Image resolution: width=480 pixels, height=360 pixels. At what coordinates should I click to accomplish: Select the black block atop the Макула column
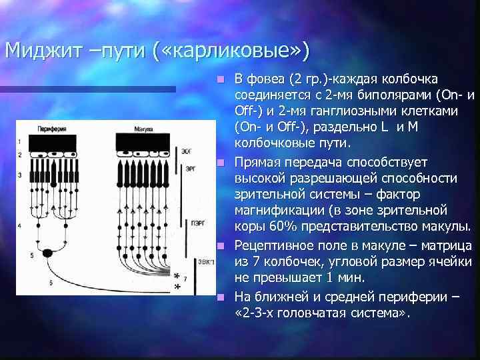(143, 141)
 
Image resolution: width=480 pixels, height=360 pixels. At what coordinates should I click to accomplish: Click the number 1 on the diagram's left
(20, 141)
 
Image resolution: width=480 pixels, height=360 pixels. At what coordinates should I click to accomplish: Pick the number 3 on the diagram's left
(20, 175)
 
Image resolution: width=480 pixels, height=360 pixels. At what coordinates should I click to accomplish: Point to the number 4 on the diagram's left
(20, 226)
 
